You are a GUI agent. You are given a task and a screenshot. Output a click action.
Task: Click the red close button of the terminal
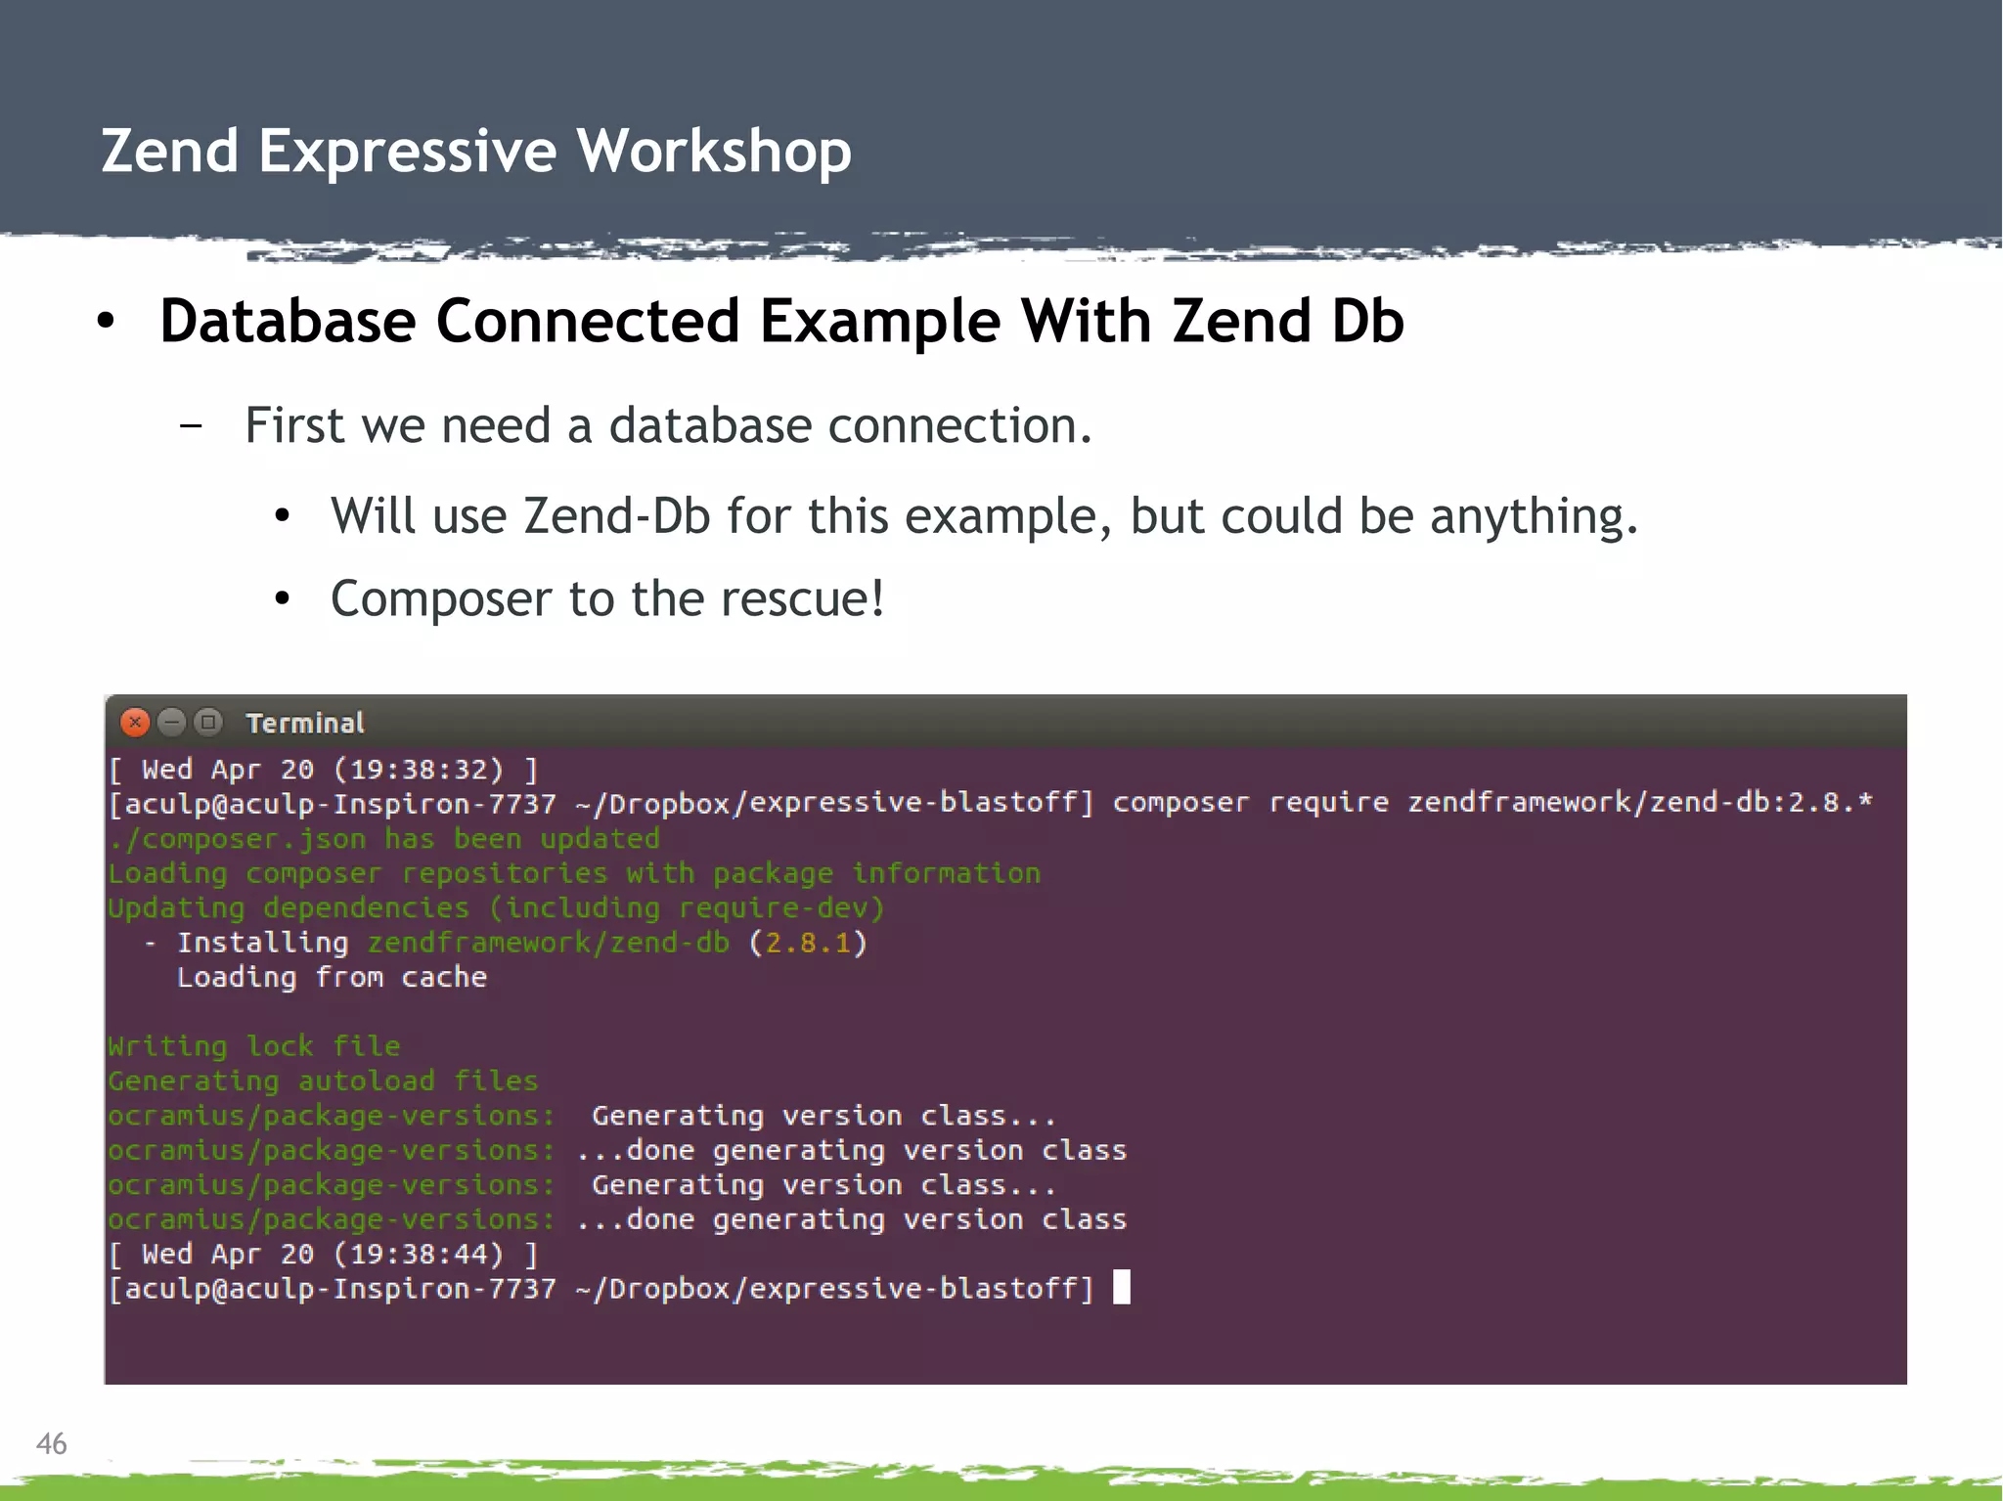point(135,723)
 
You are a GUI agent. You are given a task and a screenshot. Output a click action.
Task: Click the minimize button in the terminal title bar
point(171,723)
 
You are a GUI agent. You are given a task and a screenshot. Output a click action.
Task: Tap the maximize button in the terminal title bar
point(207,723)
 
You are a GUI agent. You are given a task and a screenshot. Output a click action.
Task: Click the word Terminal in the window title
point(305,724)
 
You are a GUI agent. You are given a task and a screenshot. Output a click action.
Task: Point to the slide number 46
point(51,1443)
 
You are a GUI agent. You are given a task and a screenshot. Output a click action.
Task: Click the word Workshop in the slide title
point(714,152)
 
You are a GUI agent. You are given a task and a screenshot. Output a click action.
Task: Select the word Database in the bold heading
point(288,322)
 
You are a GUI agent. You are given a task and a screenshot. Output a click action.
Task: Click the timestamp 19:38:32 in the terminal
point(419,770)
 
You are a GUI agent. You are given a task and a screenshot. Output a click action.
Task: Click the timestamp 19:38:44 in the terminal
point(419,1254)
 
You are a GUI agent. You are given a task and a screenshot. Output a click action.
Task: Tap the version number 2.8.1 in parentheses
point(808,943)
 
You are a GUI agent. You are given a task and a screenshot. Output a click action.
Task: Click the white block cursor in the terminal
point(1122,1287)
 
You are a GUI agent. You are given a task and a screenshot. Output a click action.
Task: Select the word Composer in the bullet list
point(441,599)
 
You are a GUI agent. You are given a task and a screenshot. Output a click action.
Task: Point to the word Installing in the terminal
point(262,943)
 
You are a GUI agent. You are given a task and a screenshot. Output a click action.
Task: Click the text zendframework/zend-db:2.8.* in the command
point(1639,803)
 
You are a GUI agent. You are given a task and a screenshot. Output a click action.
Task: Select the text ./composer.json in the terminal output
point(238,839)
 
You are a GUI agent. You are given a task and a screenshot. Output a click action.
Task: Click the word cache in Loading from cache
point(444,977)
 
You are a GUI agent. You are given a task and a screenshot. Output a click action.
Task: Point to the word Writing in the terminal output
point(167,1046)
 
